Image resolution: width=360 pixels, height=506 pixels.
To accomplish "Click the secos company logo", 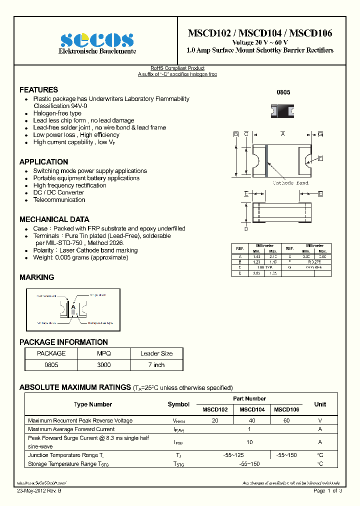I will click(x=97, y=39).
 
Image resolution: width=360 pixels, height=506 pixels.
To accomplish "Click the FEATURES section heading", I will click(x=38, y=90).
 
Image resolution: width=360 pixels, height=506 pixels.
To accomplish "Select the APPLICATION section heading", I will click(x=43, y=162).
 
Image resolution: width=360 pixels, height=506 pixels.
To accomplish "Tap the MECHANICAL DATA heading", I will click(x=54, y=219).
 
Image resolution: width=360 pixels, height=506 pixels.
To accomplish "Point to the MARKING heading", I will click(x=36, y=277).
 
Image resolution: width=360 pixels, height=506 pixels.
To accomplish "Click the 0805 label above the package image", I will click(x=283, y=93).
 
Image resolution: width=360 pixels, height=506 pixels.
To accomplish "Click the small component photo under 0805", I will click(x=282, y=110).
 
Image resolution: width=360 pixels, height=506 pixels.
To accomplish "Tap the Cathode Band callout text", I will click(x=290, y=183).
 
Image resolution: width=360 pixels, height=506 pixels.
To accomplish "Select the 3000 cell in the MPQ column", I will click(x=103, y=365).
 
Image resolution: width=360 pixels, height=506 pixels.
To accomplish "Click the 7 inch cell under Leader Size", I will click(x=156, y=365).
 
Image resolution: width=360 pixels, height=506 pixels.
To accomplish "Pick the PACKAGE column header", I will click(x=51, y=353).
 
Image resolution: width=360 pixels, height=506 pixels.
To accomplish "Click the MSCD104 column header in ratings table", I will click(x=252, y=409).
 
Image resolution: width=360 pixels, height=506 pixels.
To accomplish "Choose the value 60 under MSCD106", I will click(x=286, y=421).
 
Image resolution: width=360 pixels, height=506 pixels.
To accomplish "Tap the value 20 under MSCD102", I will click(x=215, y=421).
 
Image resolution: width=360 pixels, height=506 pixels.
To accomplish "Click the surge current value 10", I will click(x=249, y=442).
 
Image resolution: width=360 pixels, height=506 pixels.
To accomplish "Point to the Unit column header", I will click(x=320, y=404).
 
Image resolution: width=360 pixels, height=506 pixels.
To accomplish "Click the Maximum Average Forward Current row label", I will click(x=71, y=429).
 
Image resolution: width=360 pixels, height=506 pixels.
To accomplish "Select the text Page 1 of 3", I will click(x=327, y=491).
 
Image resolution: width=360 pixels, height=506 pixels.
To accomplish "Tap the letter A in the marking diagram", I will click(x=73, y=306).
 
